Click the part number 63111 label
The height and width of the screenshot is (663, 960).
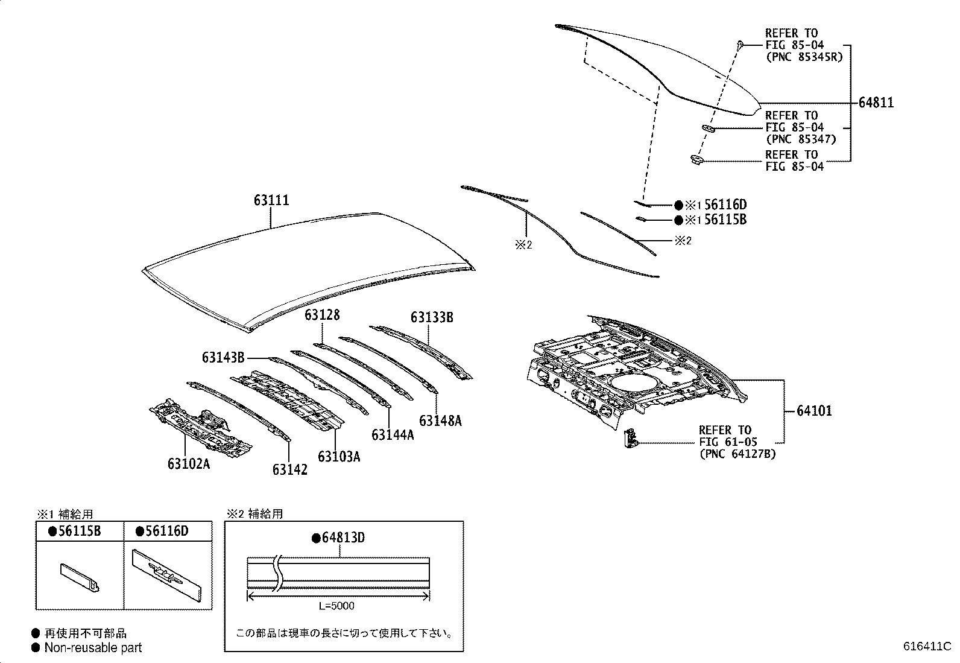(271, 200)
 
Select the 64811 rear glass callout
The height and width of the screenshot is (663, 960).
(876, 103)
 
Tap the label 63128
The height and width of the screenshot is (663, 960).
(321, 315)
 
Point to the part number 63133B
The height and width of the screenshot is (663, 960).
(432, 317)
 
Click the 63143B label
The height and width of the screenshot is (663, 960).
(223, 358)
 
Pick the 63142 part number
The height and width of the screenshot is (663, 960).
(289, 469)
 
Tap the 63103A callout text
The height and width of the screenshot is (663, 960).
(339, 456)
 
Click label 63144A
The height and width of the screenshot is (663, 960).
(393, 434)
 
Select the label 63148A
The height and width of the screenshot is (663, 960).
(440, 420)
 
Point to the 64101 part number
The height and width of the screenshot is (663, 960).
(814, 411)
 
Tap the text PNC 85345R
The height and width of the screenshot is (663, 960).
(803, 57)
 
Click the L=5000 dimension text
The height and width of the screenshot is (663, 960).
(336, 606)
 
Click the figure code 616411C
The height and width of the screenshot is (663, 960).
(926, 646)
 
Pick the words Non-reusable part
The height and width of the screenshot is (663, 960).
(93, 648)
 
